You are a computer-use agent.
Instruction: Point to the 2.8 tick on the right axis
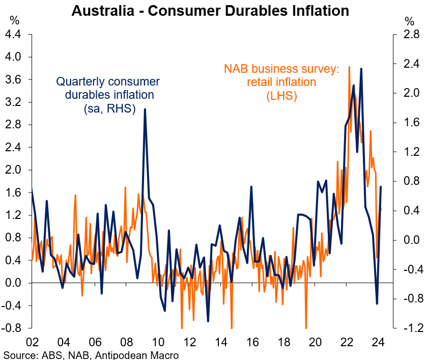point(407,35)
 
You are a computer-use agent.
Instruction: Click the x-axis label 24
point(378,342)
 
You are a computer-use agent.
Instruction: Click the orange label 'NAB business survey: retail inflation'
point(281,82)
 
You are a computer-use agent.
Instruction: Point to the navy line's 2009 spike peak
point(145,109)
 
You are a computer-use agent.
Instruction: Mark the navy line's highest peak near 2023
point(361,68)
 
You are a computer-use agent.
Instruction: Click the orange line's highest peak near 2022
point(349,67)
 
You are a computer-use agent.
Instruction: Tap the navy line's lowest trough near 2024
point(377,304)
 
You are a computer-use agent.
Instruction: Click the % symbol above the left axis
point(15,21)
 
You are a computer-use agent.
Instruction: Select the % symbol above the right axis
point(410,21)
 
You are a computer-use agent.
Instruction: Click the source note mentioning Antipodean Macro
point(92,354)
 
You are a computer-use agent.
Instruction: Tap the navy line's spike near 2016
point(251,187)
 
